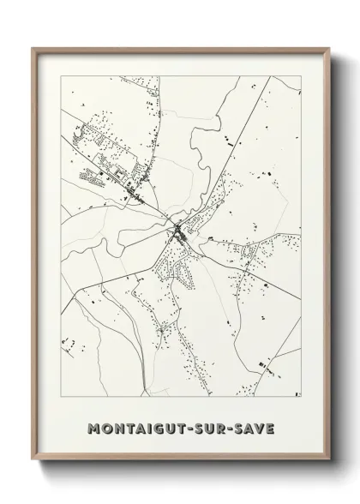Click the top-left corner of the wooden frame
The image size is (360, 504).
coord(33,48)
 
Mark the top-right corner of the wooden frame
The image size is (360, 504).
coord(327,48)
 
